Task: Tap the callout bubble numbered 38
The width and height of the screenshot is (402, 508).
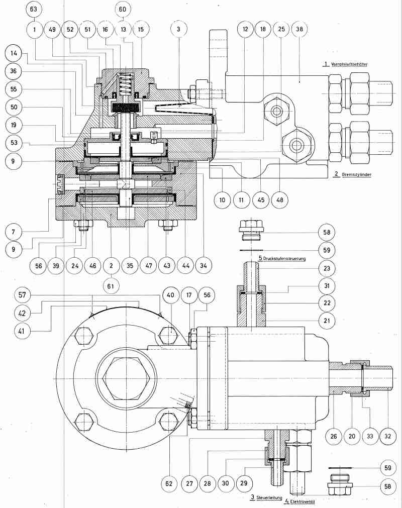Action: [x=300, y=30]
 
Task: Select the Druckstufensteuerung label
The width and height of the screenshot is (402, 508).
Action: [x=282, y=258]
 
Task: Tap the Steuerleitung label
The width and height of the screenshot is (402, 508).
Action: [x=267, y=497]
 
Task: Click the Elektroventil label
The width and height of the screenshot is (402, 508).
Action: [x=302, y=501]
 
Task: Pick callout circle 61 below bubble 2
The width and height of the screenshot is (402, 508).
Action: [x=111, y=285]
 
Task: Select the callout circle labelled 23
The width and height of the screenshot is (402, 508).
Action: [x=327, y=268]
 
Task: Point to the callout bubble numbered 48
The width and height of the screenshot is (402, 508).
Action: [x=280, y=199]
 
